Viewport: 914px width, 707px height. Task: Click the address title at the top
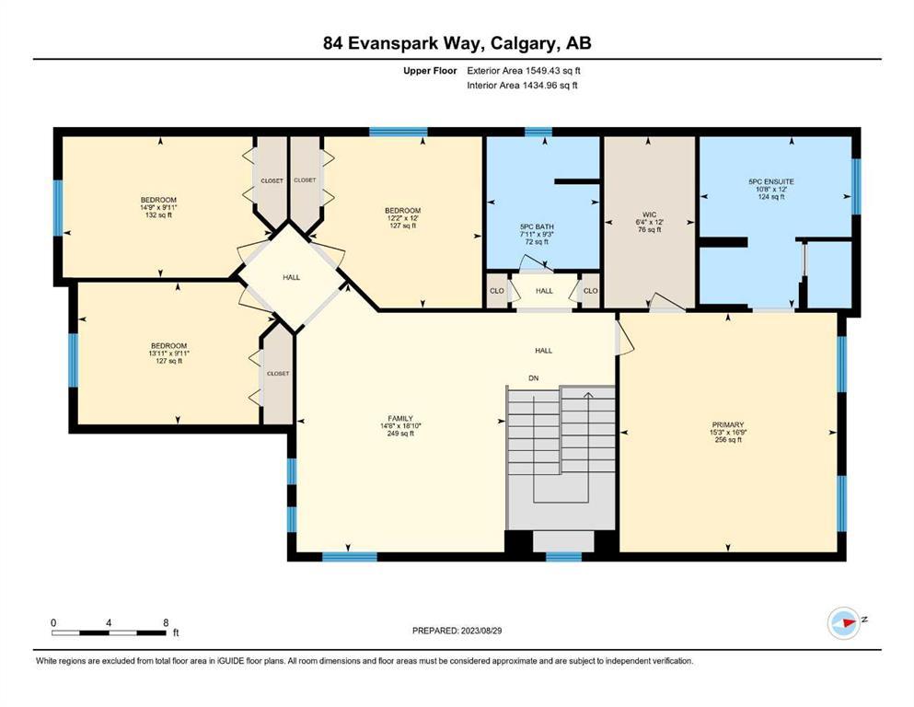point(457,43)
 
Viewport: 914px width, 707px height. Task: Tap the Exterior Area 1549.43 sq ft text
point(524,71)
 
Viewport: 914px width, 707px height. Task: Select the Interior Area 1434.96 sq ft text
point(522,85)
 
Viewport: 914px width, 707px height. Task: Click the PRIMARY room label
point(728,432)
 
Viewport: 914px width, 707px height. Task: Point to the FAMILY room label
point(400,425)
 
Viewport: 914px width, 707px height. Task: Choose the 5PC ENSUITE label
point(771,189)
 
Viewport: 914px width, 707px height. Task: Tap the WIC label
point(649,222)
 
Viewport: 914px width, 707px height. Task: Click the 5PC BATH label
point(537,234)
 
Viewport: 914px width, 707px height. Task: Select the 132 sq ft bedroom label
point(158,207)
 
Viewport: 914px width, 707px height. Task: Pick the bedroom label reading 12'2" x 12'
point(403,218)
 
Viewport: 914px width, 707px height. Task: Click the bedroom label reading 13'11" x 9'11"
point(169,353)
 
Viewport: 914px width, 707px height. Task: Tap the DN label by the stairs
point(533,378)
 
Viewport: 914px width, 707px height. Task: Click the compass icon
point(843,622)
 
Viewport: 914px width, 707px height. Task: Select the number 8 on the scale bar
point(166,622)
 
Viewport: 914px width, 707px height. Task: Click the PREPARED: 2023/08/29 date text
point(457,631)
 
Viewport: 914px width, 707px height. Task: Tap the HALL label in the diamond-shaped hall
point(292,277)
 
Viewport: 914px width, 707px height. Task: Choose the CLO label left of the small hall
point(497,291)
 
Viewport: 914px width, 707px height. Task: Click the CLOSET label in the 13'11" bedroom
point(278,374)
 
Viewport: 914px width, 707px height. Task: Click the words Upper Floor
point(430,71)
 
